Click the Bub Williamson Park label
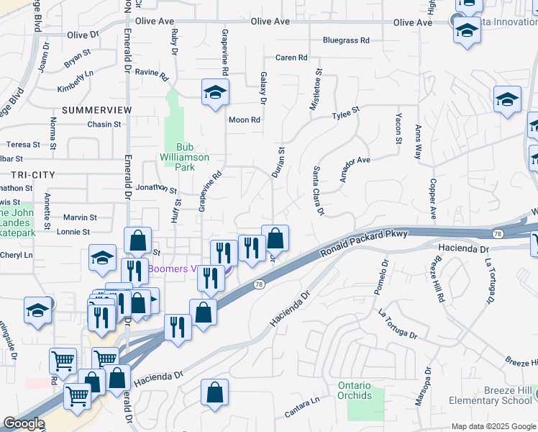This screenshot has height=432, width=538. [x=186, y=157]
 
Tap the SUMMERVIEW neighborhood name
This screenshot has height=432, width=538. [x=97, y=109]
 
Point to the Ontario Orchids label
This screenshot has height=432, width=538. [x=355, y=390]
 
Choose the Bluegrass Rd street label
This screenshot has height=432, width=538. [x=345, y=40]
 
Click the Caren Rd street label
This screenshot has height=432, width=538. [x=291, y=58]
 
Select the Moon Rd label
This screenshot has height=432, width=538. [x=244, y=120]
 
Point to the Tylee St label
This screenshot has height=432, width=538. [x=345, y=114]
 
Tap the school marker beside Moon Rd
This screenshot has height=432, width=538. [x=215, y=93]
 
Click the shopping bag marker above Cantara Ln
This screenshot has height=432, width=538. [x=215, y=393]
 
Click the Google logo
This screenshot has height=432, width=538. [x=24, y=423]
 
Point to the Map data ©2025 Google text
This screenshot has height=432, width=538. [x=493, y=426]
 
